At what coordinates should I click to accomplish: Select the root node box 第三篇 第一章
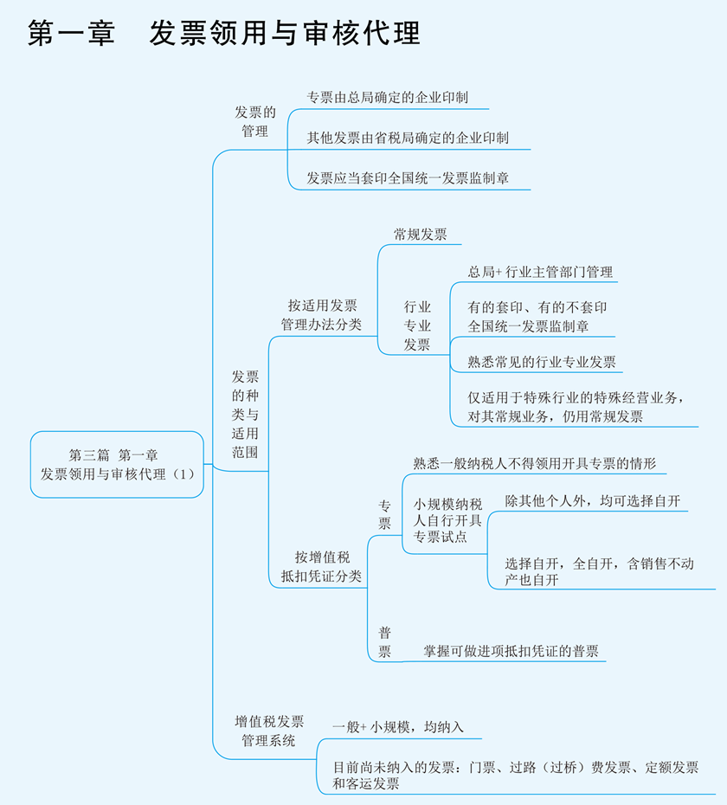pos(117,464)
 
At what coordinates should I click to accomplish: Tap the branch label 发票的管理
pos(255,121)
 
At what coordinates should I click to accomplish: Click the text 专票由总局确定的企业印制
pos(387,98)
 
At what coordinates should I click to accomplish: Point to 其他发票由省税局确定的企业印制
pos(408,138)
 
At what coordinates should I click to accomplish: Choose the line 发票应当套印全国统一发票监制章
pos(408,178)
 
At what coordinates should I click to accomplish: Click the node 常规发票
pos(421,234)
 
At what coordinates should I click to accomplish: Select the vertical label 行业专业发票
pos(417,325)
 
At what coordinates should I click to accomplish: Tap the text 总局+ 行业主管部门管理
pos(540,272)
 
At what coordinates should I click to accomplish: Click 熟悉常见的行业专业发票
pos(542,362)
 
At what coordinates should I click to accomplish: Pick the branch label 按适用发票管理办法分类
pos(321,315)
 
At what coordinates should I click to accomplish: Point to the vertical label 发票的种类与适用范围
pos(244,415)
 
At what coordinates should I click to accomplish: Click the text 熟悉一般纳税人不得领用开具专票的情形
pos(534,463)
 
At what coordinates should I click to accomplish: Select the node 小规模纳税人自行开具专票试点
pos(447,519)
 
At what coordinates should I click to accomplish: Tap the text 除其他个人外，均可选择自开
pos(593,502)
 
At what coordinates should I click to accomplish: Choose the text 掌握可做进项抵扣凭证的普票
pos(511,651)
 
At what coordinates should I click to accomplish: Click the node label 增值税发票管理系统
pos(269,731)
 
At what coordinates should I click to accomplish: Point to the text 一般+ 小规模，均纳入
pos(398,727)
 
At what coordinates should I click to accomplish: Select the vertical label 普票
pos(384,641)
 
